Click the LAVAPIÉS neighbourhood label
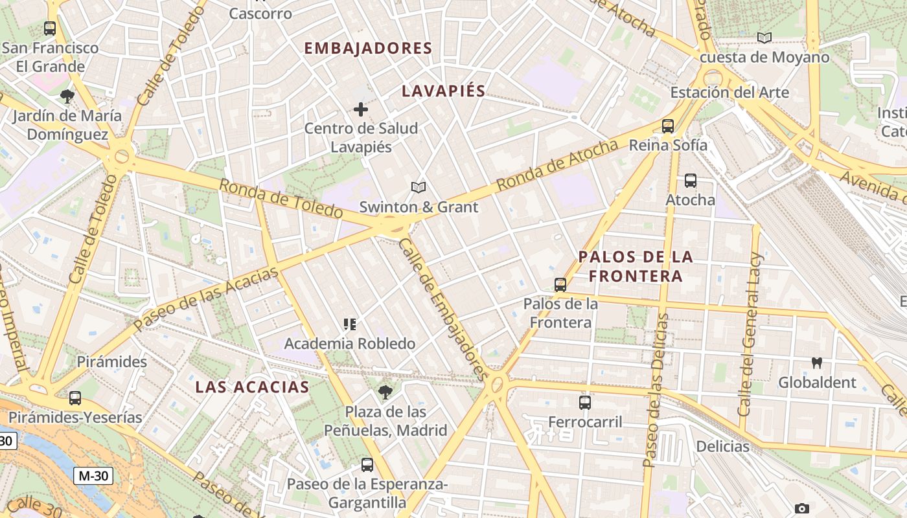click(443, 91)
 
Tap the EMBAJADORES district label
click(367, 49)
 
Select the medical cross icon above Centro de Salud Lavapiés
click(361, 109)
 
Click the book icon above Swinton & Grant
click(419, 188)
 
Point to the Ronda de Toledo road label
click(280, 198)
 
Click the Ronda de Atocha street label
click(557, 166)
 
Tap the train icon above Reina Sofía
click(668, 126)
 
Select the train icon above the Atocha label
click(691, 181)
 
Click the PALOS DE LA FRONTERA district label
click(636, 266)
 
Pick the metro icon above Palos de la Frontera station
click(560, 284)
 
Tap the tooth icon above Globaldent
click(817, 363)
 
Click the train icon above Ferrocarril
click(585, 403)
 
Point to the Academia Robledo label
click(350, 343)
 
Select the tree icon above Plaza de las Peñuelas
click(385, 392)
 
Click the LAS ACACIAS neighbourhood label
click(252, 387)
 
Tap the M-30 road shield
click(93, 476)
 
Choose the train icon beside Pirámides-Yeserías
click(75, 398)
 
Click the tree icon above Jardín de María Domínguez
click(67, 97)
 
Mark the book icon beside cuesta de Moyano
click(764, 38)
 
